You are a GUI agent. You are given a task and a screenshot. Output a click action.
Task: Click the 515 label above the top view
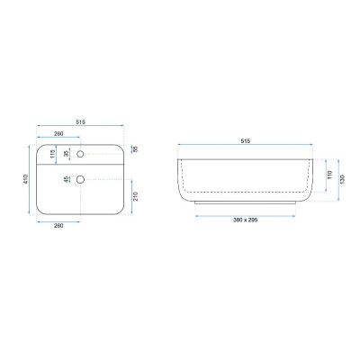click(x=80, y=121)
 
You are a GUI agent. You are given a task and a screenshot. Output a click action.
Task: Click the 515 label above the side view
click(x=246, y=140)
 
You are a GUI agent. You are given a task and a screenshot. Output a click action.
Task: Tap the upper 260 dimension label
click(x=58, y=133)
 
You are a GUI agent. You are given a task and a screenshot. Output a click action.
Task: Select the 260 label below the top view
click(x=58, y=226)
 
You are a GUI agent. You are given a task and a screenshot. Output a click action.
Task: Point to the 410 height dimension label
click(x=25, y=179)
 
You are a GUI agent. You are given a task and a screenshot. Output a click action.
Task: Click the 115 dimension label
click(x=52, y=154)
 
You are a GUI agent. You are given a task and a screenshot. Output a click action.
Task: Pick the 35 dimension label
click(x=67, y=154)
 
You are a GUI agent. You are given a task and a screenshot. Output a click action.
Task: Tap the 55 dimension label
click(x=135, y=149)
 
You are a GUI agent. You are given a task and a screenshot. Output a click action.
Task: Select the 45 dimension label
click(x=67, y=179)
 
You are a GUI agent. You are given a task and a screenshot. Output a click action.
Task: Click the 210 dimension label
click(x=135, y=196)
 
